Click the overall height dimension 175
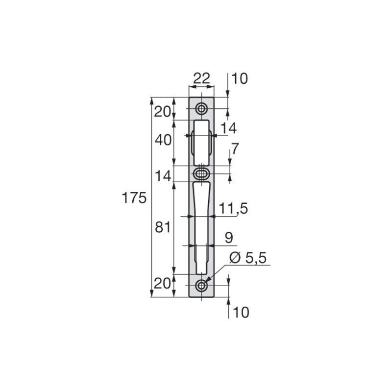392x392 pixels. (x=134, y=198)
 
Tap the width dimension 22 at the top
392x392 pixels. (x=201, y=78)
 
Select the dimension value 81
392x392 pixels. (x=163, y=227)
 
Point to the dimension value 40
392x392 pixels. (x=163, y=140)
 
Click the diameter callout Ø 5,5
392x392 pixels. (x=248, y=258)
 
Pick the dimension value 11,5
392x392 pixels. (x=234, y=208)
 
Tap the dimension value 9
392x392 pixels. (x=229, y=238)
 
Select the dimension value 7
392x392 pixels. (x=235, y=149)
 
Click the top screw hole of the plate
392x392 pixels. (x=201, y=109)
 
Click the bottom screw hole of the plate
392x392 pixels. (x=201, y=286)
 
